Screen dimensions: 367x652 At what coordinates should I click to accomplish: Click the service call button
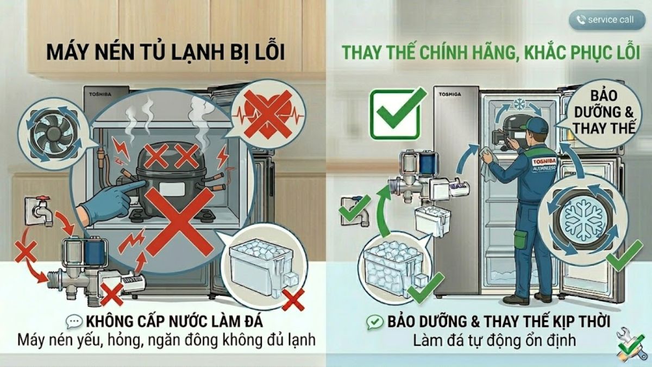tap(605, 20)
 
